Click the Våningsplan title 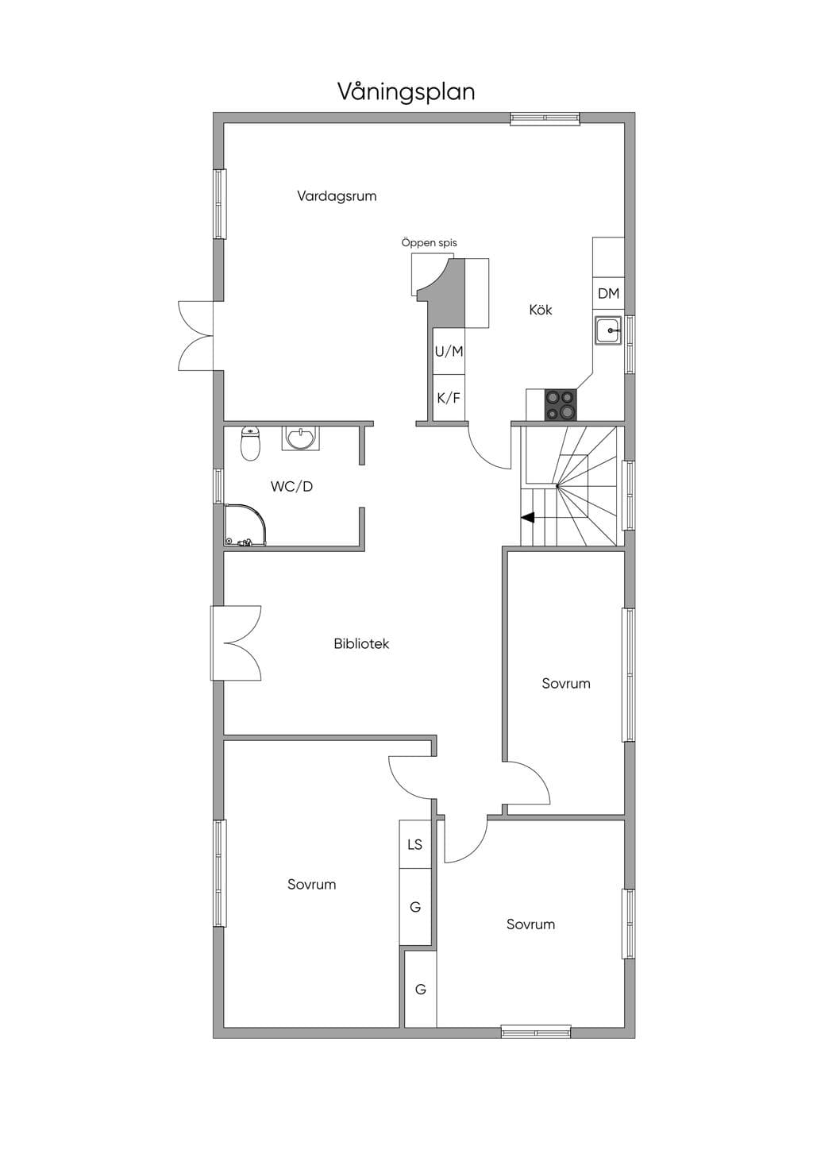[x=406, y=92]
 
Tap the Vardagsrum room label [x=337, y=195]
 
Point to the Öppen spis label [x=429, y=243]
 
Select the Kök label [x=541, y=310]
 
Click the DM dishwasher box [x=609, y=294]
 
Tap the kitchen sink [x=608, y=330]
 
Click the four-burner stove [x=561, y=405]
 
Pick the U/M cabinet [x=449, y=352]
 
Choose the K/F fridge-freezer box [x=449, y=398]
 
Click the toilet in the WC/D [x=250, y=444]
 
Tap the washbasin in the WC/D [x=301, y=438]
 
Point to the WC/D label [x=291, y=486]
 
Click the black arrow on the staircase [x=528, y=518]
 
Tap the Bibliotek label [x=361, y=643]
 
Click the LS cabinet [x=415, y=844]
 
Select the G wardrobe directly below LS [x=415, y=907]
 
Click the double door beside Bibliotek [x=236, y=643]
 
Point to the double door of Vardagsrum [x=195, y=335]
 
